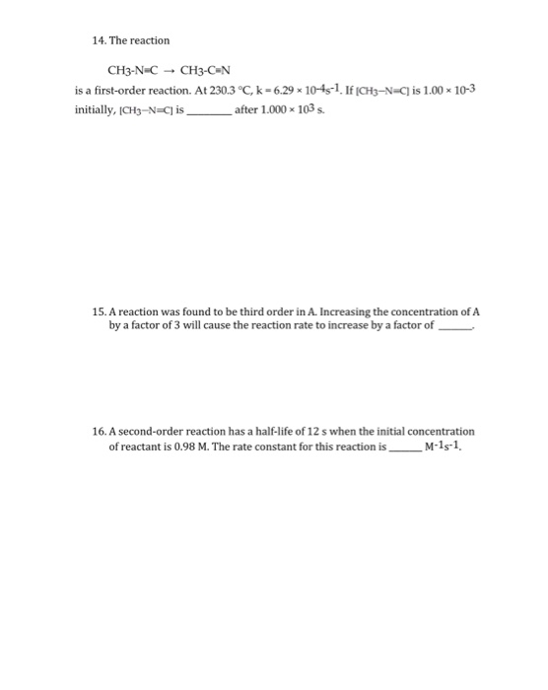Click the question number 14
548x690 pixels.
(x=83, y=40)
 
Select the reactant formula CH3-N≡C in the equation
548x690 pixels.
(x=132, y=71)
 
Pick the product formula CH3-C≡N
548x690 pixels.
(x=209, y=71)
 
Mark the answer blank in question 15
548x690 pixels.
(x=454, y=325)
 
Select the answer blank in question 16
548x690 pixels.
(x=405, y=447)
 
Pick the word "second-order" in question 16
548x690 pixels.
(x=153, y=431)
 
